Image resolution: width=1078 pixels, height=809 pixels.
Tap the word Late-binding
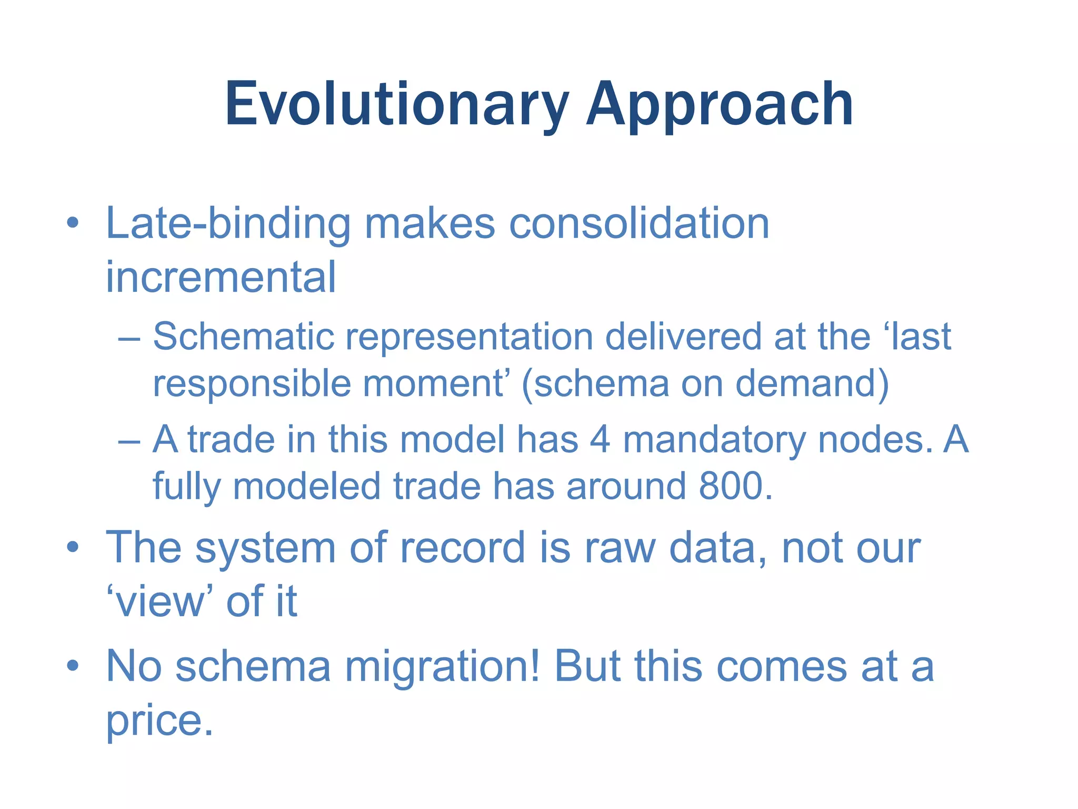coord(227,224)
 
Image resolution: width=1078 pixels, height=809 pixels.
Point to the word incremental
coord(221,277)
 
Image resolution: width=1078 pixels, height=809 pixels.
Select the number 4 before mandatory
coord(600,439)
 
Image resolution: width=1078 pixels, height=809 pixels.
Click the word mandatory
coord(714,439)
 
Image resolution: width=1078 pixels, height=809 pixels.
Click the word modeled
coord(306,486)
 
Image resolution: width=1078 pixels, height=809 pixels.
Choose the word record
coord(462,548)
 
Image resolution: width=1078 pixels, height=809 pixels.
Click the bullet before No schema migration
coord(73,666)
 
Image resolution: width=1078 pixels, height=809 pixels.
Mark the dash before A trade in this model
coord(129,440)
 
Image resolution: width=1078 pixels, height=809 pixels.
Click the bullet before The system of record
coord(73,547)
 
